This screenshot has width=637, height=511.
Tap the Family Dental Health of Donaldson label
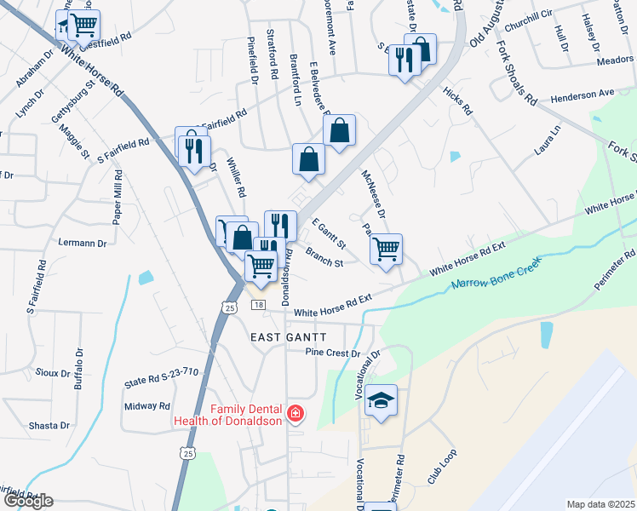[228, 415]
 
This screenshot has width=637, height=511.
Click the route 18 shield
[259, 305]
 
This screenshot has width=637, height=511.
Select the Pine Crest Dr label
[334, 353]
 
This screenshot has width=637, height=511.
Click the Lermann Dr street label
[82, 243]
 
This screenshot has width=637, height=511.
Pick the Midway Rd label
[147, 406]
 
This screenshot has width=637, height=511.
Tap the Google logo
[27, 501]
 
